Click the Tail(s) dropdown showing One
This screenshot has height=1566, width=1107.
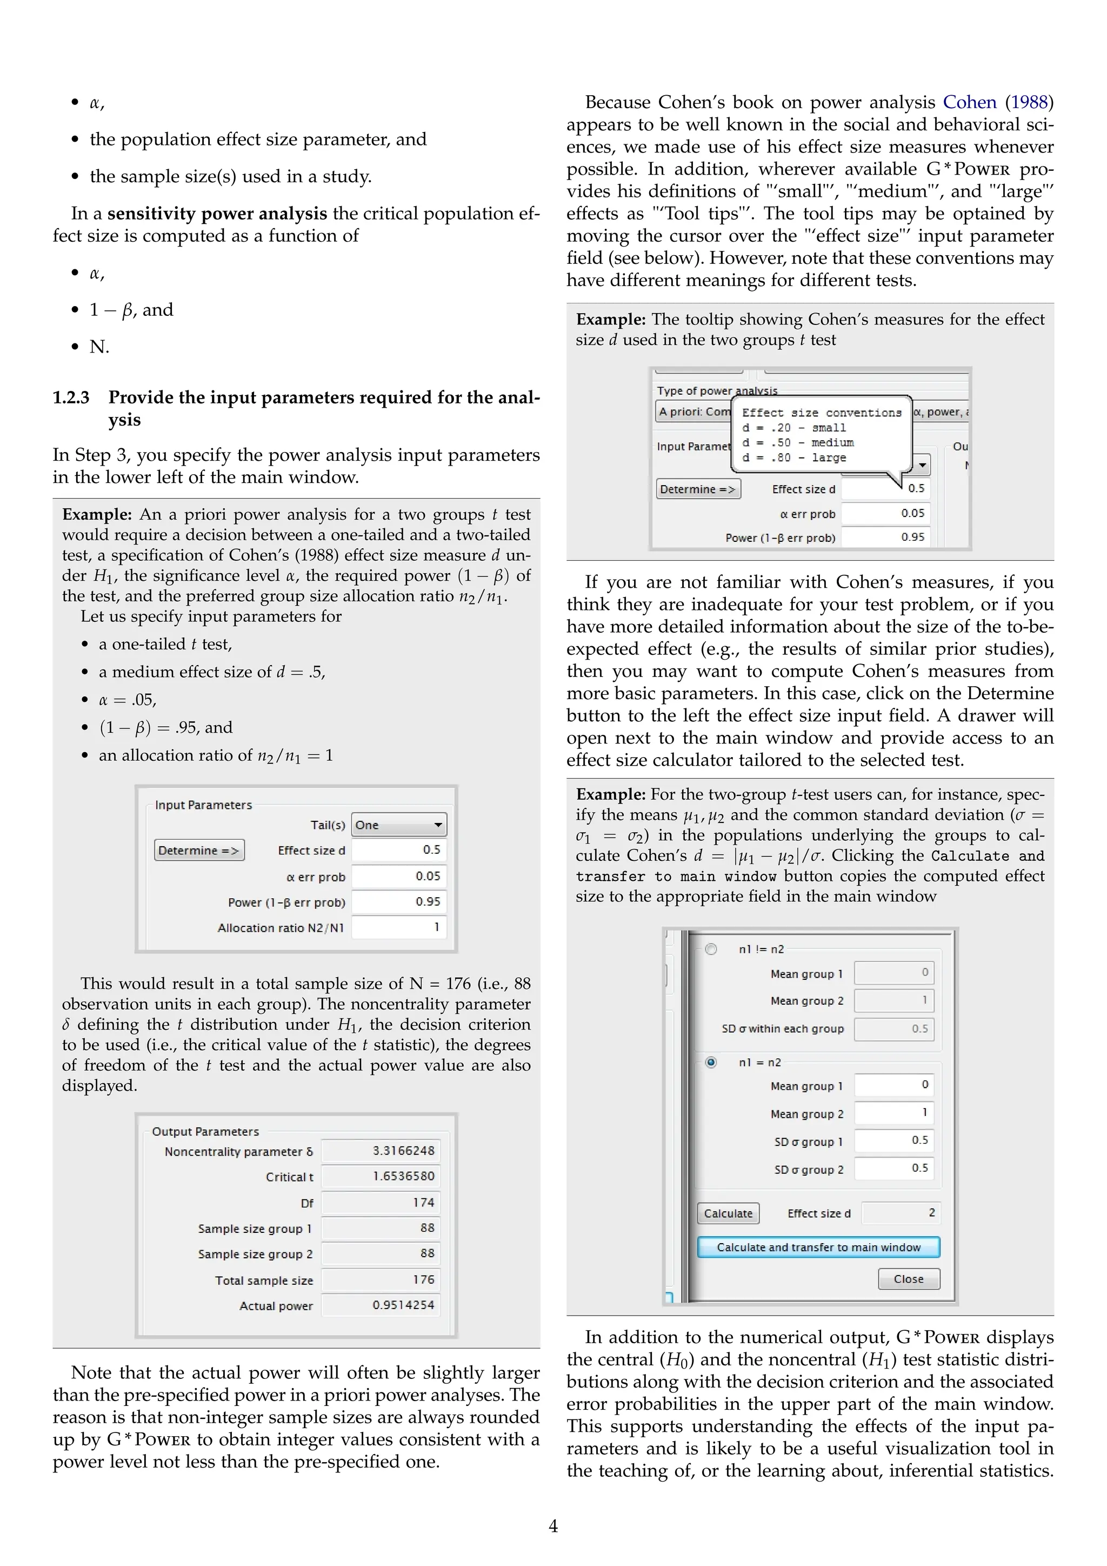pyautogui.click(x=399, y=825)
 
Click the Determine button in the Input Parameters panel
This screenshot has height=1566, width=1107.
pyautogui.click(x=199, y=851)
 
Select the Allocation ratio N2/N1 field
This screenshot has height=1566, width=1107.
pyautogui.click(x=399, y=927)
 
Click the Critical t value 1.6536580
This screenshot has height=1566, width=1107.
pyautogui.click(x=381, y=1177)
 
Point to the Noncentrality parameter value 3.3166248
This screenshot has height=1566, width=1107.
pyautogui.click(x=381, y=1151)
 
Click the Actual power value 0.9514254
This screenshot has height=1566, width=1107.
pyautogui.click(x=381, y=1305)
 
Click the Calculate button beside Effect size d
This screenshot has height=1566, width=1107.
pyautogui.click(x=728, y=1214)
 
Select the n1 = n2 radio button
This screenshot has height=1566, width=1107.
pyautogui.click(x=711, y=1063)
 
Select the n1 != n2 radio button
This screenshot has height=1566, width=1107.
pyautogui.click(x=711, y=950)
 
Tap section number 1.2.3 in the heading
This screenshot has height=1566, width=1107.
pyautogui.click(x=71, y=397)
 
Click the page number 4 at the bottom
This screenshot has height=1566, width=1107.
pyautogui.click(x=553, y=1526)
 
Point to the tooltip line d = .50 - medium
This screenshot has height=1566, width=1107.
pyautogui.click(x=797, y=443)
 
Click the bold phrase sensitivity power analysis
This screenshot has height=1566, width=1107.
pyautogui.click(x=217, y=214)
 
